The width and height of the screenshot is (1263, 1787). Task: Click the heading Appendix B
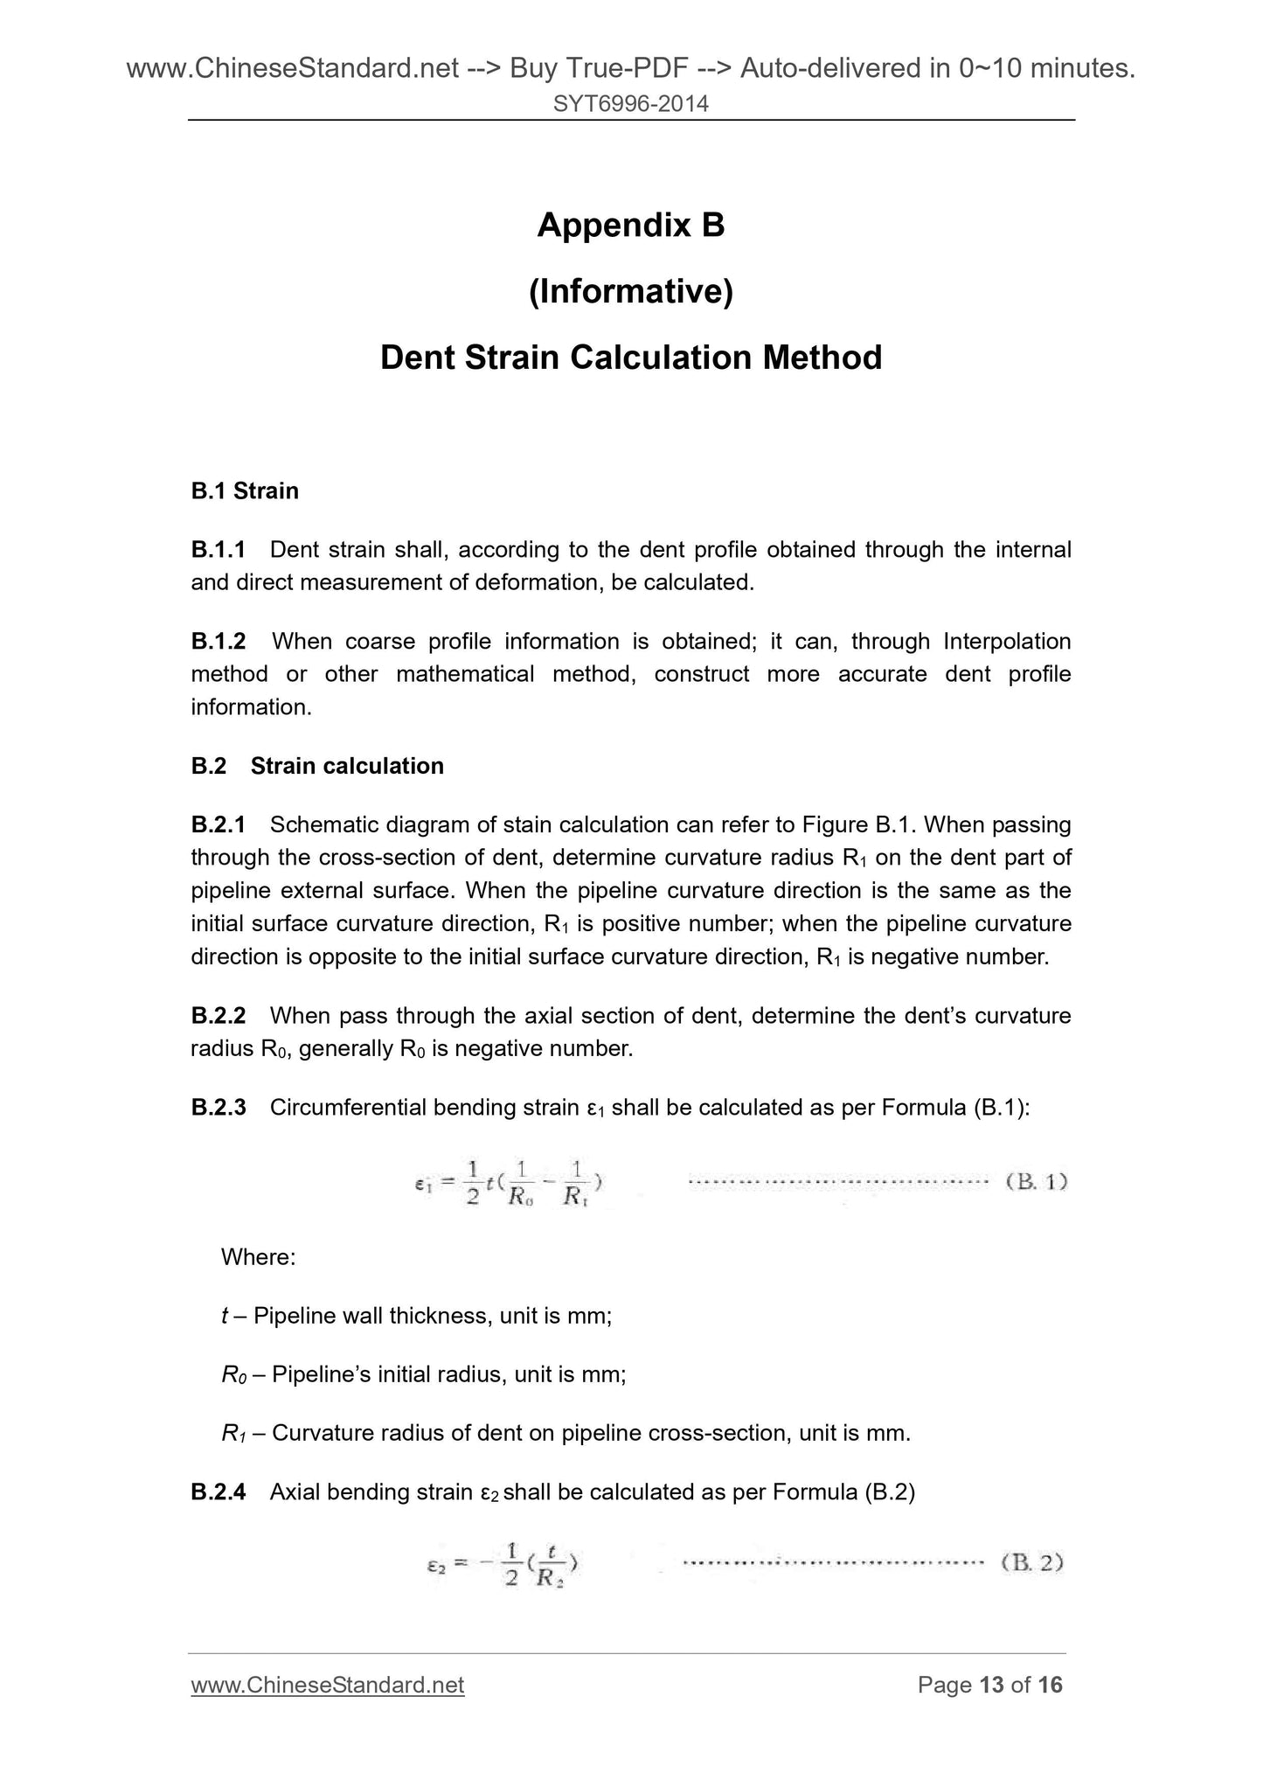(630, 226)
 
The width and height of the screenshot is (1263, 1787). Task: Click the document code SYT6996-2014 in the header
(630, 104)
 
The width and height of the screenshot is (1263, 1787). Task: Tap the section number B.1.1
(219, 550)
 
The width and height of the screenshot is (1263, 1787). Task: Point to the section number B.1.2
(219, 642)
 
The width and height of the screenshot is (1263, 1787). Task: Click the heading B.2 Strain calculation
(317, 766)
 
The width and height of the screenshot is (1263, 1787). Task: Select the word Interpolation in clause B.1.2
(1007, 642)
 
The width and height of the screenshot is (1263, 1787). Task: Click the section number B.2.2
(219, 1016)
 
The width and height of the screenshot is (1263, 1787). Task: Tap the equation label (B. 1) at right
(1037, 1182)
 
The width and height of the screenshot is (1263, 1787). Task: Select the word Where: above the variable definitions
(259, 1257)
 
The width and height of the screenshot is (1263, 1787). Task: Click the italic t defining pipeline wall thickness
(226, 1316)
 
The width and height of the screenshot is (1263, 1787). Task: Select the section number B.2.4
(219, 1492)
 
